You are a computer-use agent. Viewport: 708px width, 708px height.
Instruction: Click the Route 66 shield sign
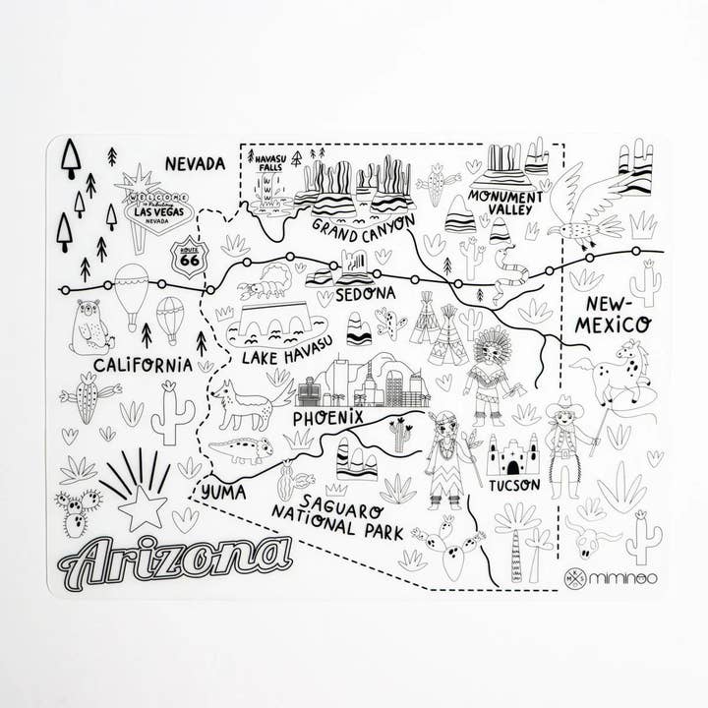(190, 258)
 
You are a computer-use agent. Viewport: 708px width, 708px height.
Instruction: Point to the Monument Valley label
(505, 202)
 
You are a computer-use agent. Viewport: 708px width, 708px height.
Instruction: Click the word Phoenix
(328, 418)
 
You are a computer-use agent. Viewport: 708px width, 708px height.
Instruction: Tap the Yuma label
(222, 489)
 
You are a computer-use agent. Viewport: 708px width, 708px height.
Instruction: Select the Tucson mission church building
(513, 454)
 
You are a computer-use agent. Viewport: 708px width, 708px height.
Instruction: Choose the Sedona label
(365, 293)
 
